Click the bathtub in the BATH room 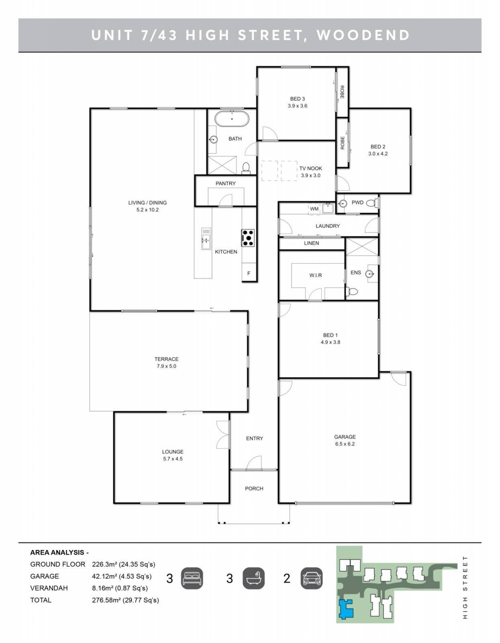[232, 119]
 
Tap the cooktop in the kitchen [247, 238]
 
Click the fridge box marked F [249, 273]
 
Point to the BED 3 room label [297, 99]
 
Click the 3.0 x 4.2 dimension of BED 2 [378, 154]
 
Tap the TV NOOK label [310, 168]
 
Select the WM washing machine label [314, 209]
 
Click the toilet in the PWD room [374, 203]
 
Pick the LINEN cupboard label [311, 243]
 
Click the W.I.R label [315, 275]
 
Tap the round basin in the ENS [370, 274]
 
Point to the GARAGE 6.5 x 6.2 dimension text [345, 444]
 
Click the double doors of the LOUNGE [223, 434]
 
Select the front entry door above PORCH [254, 463]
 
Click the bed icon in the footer [192, 578]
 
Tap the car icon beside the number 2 [311, 578]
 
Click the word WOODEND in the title [363, 35]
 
